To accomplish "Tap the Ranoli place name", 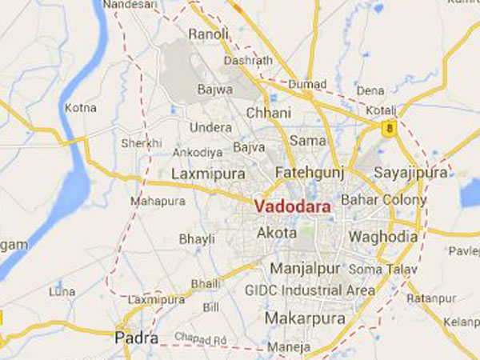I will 208,34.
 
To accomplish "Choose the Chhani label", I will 264,113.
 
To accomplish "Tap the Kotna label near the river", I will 80,107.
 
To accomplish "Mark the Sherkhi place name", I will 140,142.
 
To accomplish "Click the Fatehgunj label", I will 303,172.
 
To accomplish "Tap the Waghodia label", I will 382,237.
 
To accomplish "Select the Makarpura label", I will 305,318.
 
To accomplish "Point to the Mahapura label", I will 152,203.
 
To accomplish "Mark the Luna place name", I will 62,291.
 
